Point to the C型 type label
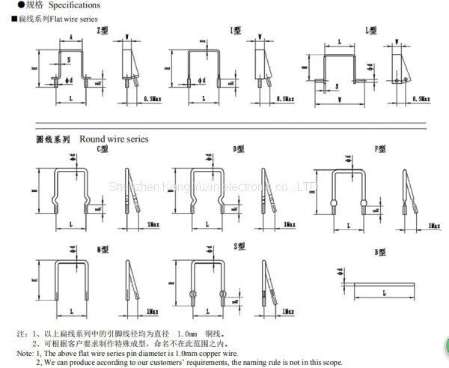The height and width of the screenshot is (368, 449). [x=103, y=149]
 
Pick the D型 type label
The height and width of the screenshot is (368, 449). [x=239, y=149]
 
